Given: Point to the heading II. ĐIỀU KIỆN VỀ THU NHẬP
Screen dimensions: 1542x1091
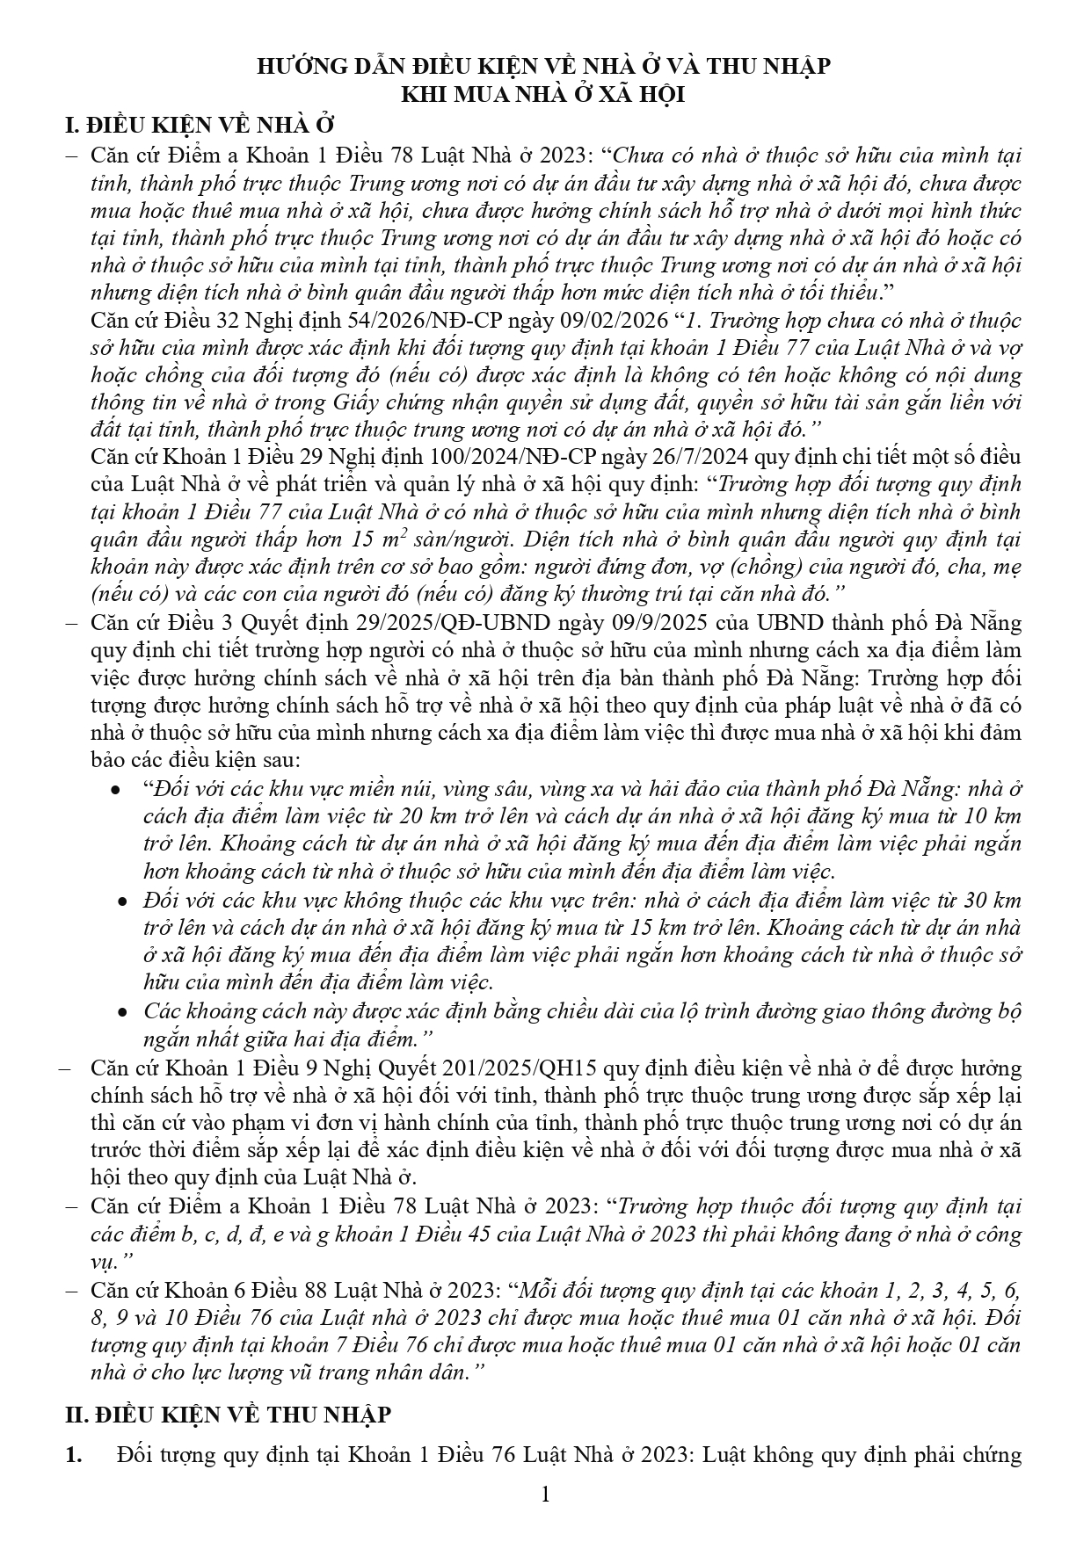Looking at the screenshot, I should tap(229, 1415).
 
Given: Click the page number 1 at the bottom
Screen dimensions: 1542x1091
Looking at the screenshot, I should tap(545, 1495).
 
